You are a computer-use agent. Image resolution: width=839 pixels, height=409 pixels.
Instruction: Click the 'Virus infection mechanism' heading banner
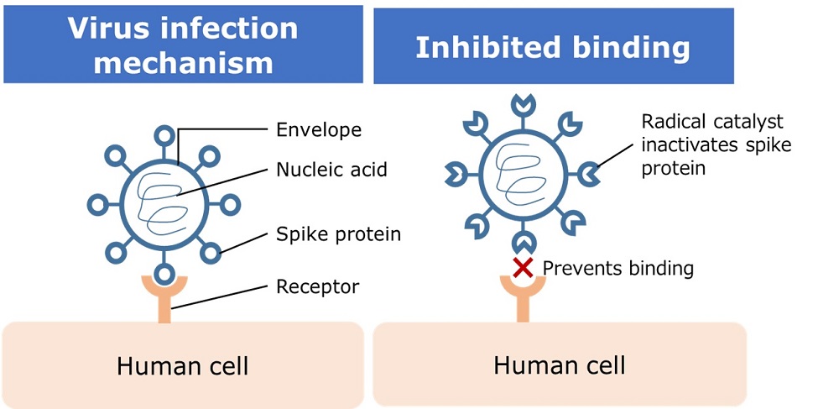pos(183,45)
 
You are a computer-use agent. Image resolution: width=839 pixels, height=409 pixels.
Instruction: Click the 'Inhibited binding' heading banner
pos(553,47)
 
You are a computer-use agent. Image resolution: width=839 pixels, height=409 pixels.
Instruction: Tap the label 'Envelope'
pos(319,129)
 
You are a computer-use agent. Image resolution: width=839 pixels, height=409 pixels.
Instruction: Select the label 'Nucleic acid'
pos(331,170)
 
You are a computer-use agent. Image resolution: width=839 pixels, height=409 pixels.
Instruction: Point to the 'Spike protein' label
pos(338,234)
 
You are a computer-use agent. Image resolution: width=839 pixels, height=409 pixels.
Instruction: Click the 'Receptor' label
pos(317,287)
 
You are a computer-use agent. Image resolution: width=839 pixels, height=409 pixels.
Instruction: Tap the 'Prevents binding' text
pos(618,269)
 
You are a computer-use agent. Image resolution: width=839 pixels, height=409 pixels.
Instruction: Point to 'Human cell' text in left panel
pos(182,366)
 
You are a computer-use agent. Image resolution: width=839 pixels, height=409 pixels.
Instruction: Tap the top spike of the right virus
pos(523,105)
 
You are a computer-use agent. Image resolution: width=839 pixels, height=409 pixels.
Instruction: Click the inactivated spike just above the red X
pos(524,244)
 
